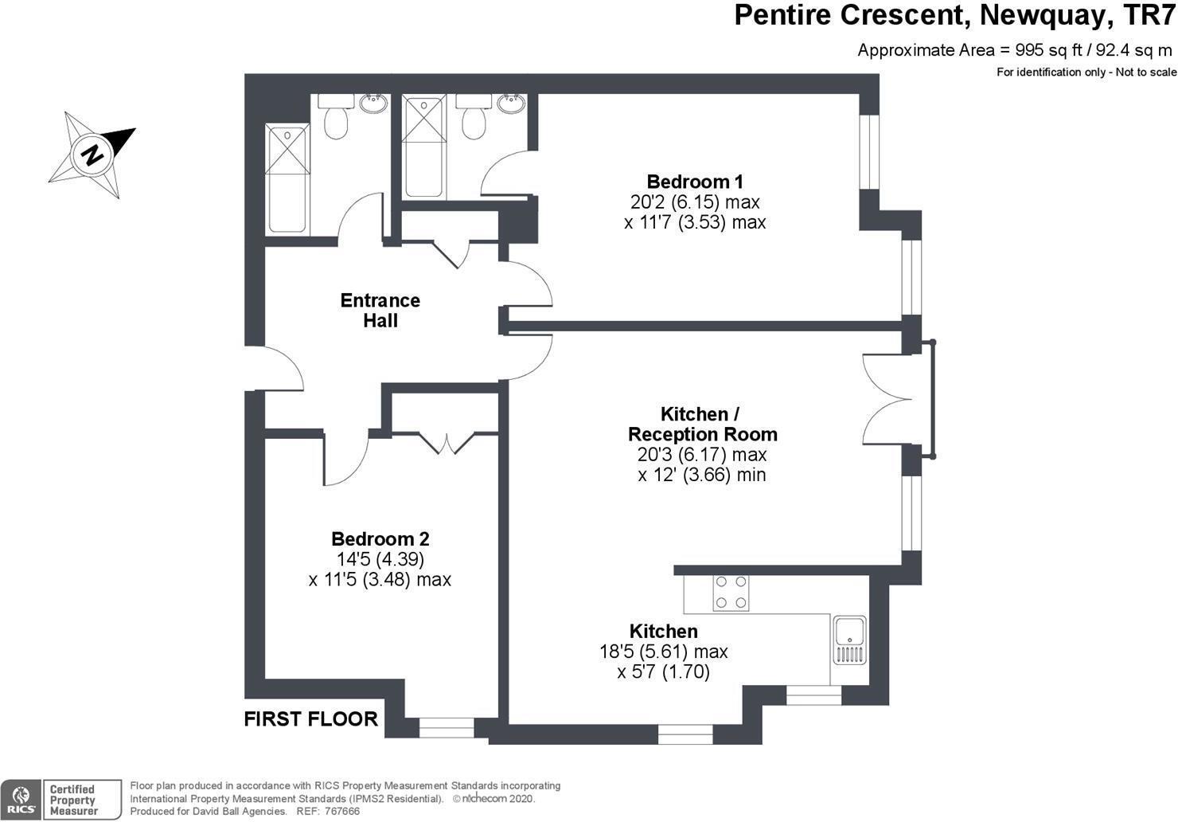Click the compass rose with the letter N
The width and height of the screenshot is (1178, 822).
coord(92,154)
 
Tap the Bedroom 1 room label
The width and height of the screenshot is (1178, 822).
coord(694,182)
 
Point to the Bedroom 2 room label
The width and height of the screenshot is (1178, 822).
coord(380,539)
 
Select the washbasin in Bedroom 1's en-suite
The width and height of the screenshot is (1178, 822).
coord(509,103)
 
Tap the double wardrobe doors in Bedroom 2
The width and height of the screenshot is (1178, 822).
coord(446,442)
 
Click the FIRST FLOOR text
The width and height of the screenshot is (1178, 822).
coord(310,719)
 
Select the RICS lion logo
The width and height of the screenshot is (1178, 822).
coord(21,799)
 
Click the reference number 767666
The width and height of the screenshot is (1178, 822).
coord(343,811)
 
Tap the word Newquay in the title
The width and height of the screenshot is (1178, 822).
coord(1040,15)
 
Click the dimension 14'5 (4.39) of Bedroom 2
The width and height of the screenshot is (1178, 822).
coord(380,559)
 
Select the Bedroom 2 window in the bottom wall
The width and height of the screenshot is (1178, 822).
coord(446,726)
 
